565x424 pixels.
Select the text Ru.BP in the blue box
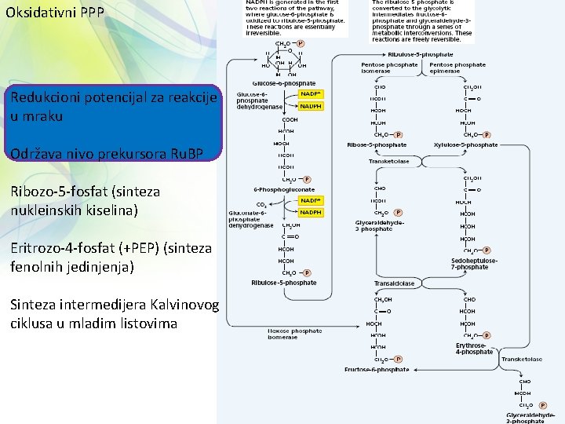click(185, 154)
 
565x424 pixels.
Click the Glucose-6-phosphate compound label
click(283, 82)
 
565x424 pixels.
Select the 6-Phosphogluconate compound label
click(284, 189)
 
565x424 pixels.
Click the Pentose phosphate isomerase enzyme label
click(381, 68)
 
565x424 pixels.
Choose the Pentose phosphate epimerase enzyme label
click(457, 68)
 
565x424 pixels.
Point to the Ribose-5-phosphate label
click(377, 145)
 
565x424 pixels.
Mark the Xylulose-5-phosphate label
click(465, 145)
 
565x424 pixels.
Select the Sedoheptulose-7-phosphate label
click(470, 264)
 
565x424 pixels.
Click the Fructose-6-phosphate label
click(377, 369)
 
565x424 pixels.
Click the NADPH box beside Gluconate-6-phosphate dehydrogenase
click(311, 212)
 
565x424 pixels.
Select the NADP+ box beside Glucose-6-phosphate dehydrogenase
click(311, 93)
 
